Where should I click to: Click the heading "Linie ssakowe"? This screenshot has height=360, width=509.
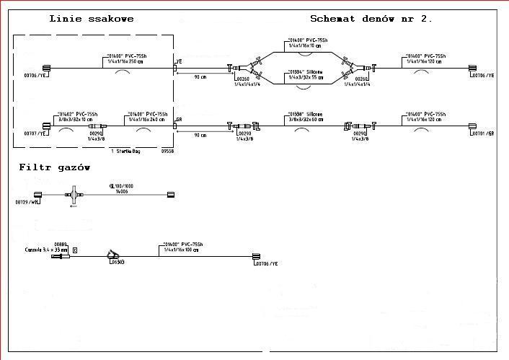92,18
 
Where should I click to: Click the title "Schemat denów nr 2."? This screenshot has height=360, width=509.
371,18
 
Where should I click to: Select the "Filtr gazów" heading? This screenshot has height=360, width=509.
55,167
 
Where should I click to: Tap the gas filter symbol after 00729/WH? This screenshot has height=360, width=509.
74,194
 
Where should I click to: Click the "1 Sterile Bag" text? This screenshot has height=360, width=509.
129,152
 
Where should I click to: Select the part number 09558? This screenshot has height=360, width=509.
167,152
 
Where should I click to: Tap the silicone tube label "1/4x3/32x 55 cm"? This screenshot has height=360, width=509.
307,76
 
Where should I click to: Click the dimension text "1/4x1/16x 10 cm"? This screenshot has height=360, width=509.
307,45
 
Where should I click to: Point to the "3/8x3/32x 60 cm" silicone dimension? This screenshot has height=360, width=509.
307,120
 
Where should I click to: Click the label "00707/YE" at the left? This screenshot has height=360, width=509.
35,133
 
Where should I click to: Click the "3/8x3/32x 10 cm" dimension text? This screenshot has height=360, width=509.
76,120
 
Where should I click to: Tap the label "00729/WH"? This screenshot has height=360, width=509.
28,203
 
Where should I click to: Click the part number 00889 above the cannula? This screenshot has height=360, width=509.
61,244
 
